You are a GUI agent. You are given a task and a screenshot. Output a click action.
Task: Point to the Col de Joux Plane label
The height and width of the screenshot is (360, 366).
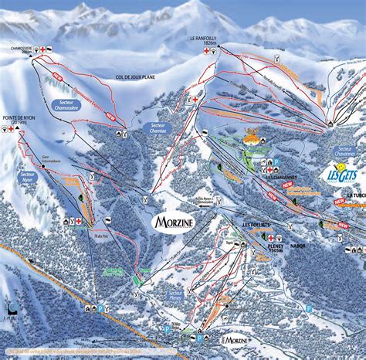(132, 77)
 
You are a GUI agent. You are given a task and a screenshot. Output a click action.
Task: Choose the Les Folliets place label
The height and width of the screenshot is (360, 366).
(256, 225)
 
